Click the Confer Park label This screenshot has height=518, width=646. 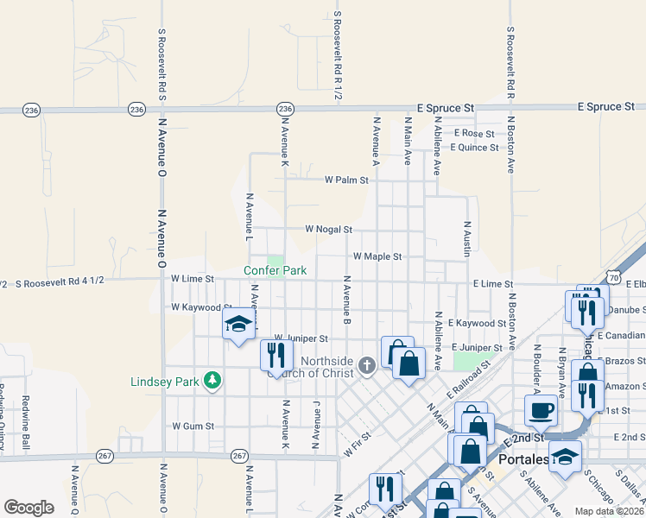point(275,270)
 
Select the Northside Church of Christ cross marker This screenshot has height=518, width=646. point(366,365)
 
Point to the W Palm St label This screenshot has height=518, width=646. point(346,180)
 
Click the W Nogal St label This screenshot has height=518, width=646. point(328,230)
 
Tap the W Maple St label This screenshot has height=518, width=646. point(377,256)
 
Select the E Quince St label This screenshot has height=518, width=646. point(474,148)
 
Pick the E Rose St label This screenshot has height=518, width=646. point(478,134)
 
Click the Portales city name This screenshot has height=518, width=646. point(524,460)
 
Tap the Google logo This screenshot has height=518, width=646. point(28,508)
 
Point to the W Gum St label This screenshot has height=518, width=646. point(193,426)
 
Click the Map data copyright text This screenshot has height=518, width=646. point(608,511)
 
